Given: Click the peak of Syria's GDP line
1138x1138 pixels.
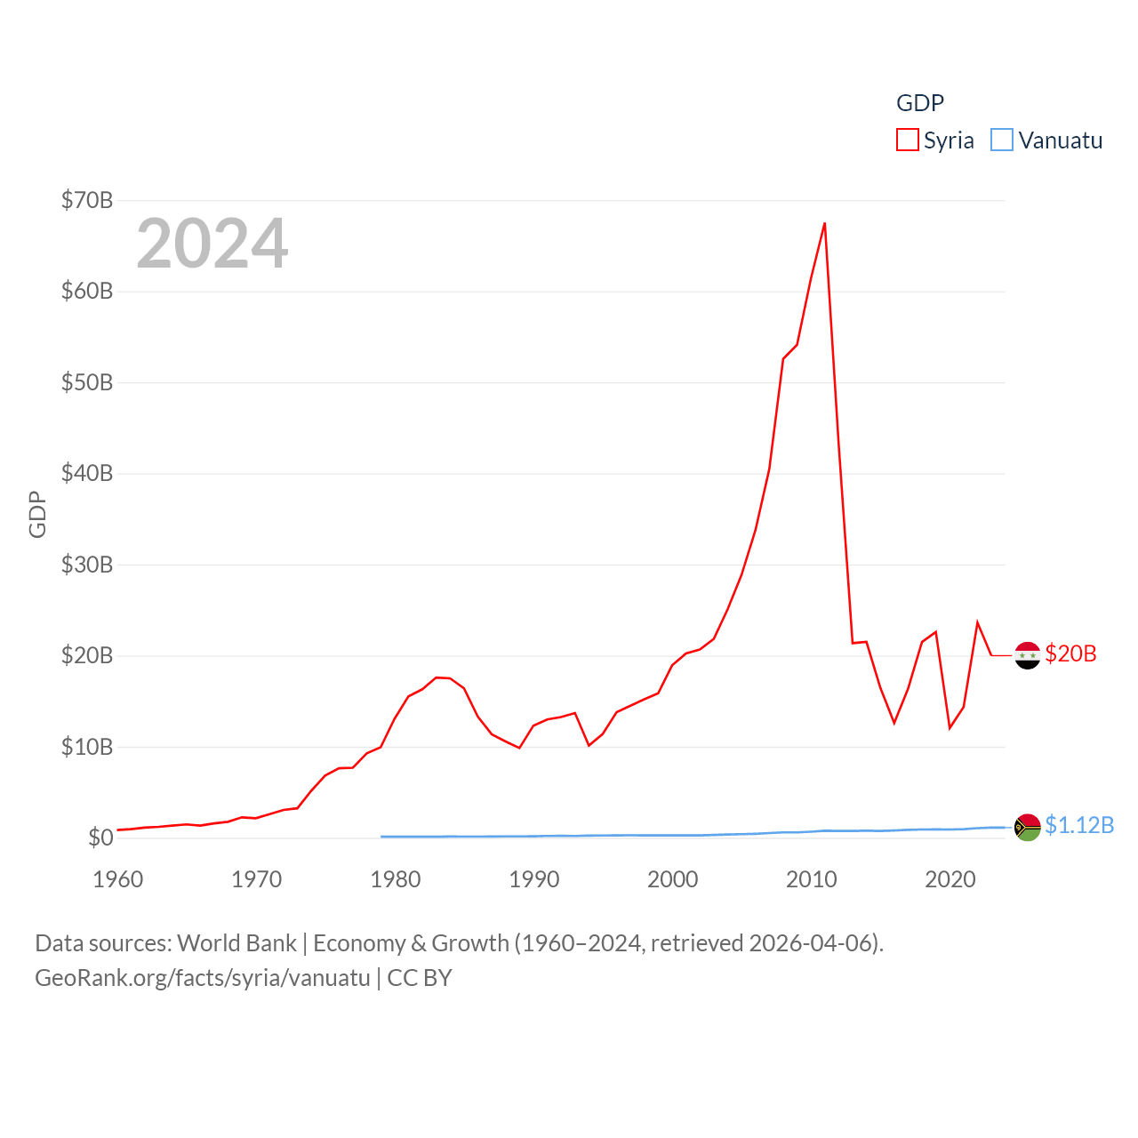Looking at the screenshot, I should coord(825,223).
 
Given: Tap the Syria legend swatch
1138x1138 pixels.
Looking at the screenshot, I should coord(907,140).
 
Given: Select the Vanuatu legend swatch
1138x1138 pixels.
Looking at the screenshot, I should coord(1002,140).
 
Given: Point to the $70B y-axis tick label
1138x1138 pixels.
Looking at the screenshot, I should coord(87,200).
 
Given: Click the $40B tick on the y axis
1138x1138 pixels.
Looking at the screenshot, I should coord(87,473).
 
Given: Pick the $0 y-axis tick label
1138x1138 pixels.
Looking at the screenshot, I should coord(100,837).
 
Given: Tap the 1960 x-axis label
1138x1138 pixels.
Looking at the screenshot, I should coord(117,879).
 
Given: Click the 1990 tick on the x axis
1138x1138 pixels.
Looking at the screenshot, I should coord(533,879).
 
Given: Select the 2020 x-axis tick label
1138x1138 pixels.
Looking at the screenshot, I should coord(950,879).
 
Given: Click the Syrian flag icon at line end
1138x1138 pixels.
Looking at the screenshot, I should coord(1028,655).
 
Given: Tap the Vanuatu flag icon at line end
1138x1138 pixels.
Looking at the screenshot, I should coord(1028,827).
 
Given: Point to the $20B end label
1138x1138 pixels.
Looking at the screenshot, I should coord(1070,653).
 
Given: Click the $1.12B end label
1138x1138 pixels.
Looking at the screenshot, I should coord(1079,825).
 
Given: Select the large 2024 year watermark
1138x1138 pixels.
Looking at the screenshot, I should coord(212,243).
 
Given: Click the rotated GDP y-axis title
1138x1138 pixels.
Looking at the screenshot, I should coord(37,514).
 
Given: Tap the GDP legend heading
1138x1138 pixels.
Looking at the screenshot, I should coord(919,103).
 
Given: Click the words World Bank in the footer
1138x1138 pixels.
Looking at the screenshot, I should coord(236,942).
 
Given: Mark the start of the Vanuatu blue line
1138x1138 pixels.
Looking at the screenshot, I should coord(381,837).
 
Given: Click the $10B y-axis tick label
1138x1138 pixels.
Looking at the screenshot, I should coord(87,747).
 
